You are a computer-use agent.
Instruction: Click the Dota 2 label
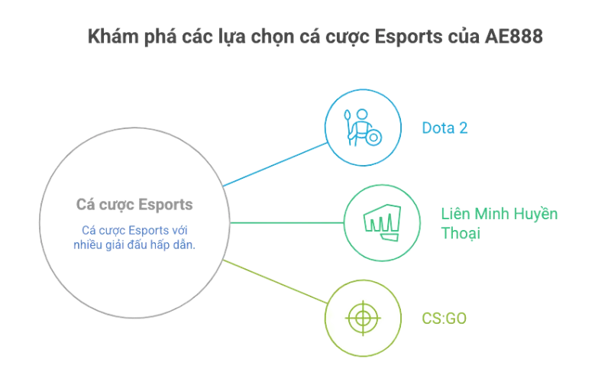pyautogui.click(x=445, y=128)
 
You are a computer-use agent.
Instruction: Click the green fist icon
pyautogui.click(x=380, y=222)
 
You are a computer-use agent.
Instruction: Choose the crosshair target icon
pyautogui.click(x=363, y=317)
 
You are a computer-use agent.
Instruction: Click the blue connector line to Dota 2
pyautogui.click(x=275, y=164)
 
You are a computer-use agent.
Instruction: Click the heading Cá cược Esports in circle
pyautogui.click(x=134, y=205)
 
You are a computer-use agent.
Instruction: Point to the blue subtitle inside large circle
pyautogui.click(x=134, y=237)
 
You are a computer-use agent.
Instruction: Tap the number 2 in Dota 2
pyautogui.click(x=463, y=128)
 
